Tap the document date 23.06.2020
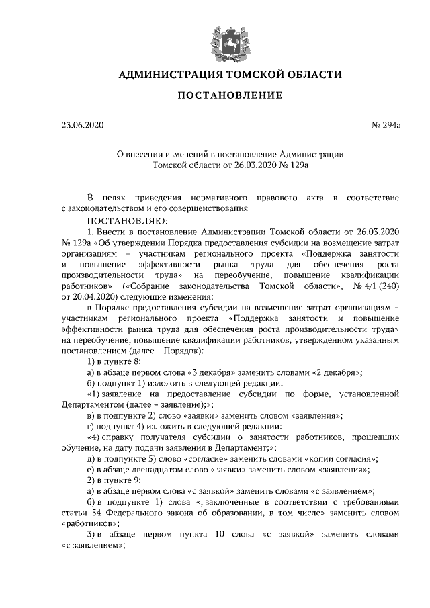[x=83, y=125]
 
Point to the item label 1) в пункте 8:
[x=114, y=361]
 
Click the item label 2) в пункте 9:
[x=114, y=480]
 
